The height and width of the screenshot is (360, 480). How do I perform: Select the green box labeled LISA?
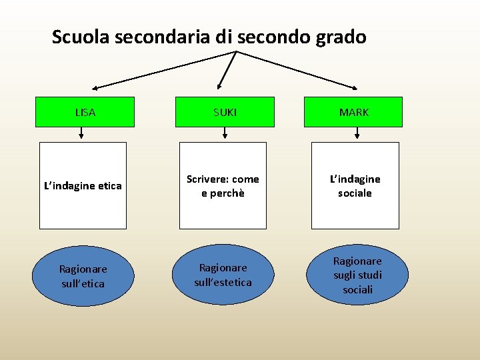85,112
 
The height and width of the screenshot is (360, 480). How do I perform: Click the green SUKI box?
225,112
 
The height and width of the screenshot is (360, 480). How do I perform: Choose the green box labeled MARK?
353,112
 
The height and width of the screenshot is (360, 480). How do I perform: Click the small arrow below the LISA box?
81,133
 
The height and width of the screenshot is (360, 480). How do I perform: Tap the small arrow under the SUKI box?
225,133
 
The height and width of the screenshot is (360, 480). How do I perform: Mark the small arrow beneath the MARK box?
357,133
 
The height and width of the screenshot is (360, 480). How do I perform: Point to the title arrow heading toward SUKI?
228,70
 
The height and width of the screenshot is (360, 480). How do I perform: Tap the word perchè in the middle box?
223,193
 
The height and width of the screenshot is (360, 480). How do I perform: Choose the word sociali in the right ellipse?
358,289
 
